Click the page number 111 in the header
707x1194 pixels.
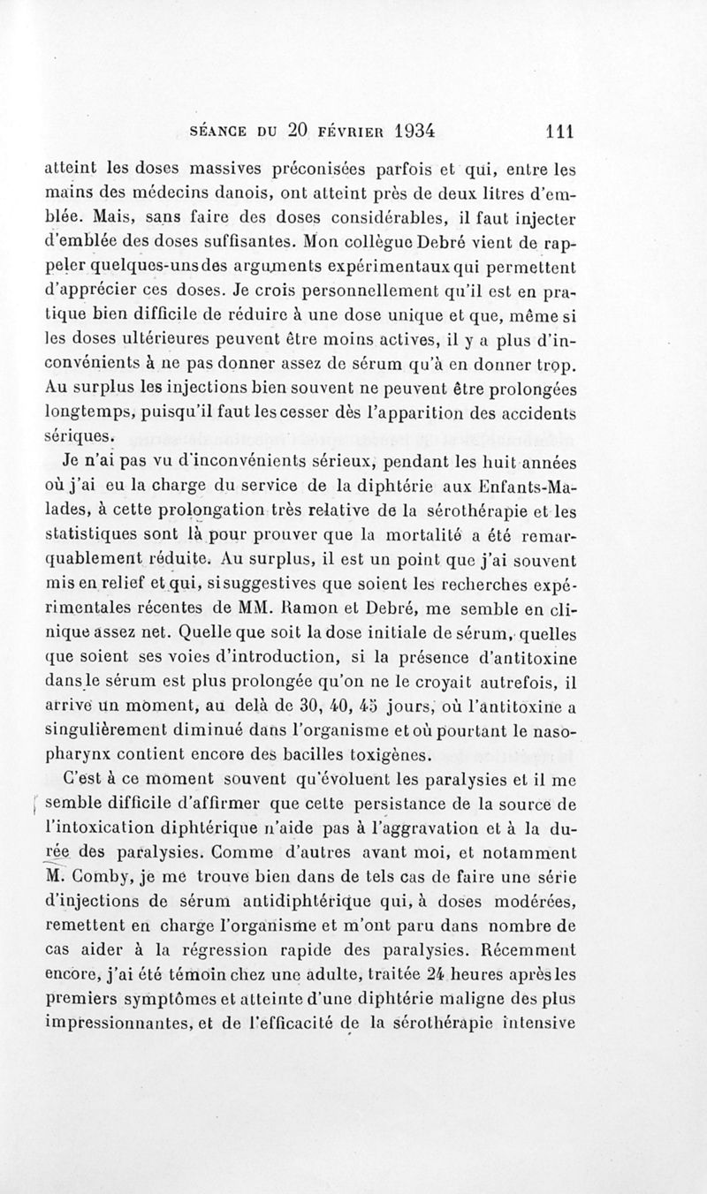pyautogui.click(x=559, y=131)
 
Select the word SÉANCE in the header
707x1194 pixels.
pyautogui.click(x=222, y=132)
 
